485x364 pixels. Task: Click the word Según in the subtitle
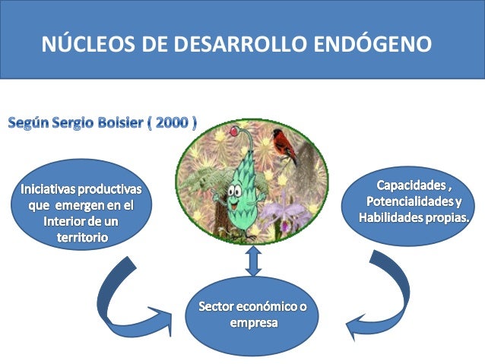(30, 122)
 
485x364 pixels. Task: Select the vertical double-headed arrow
(254, 260)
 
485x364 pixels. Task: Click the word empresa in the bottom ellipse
(253, 323)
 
